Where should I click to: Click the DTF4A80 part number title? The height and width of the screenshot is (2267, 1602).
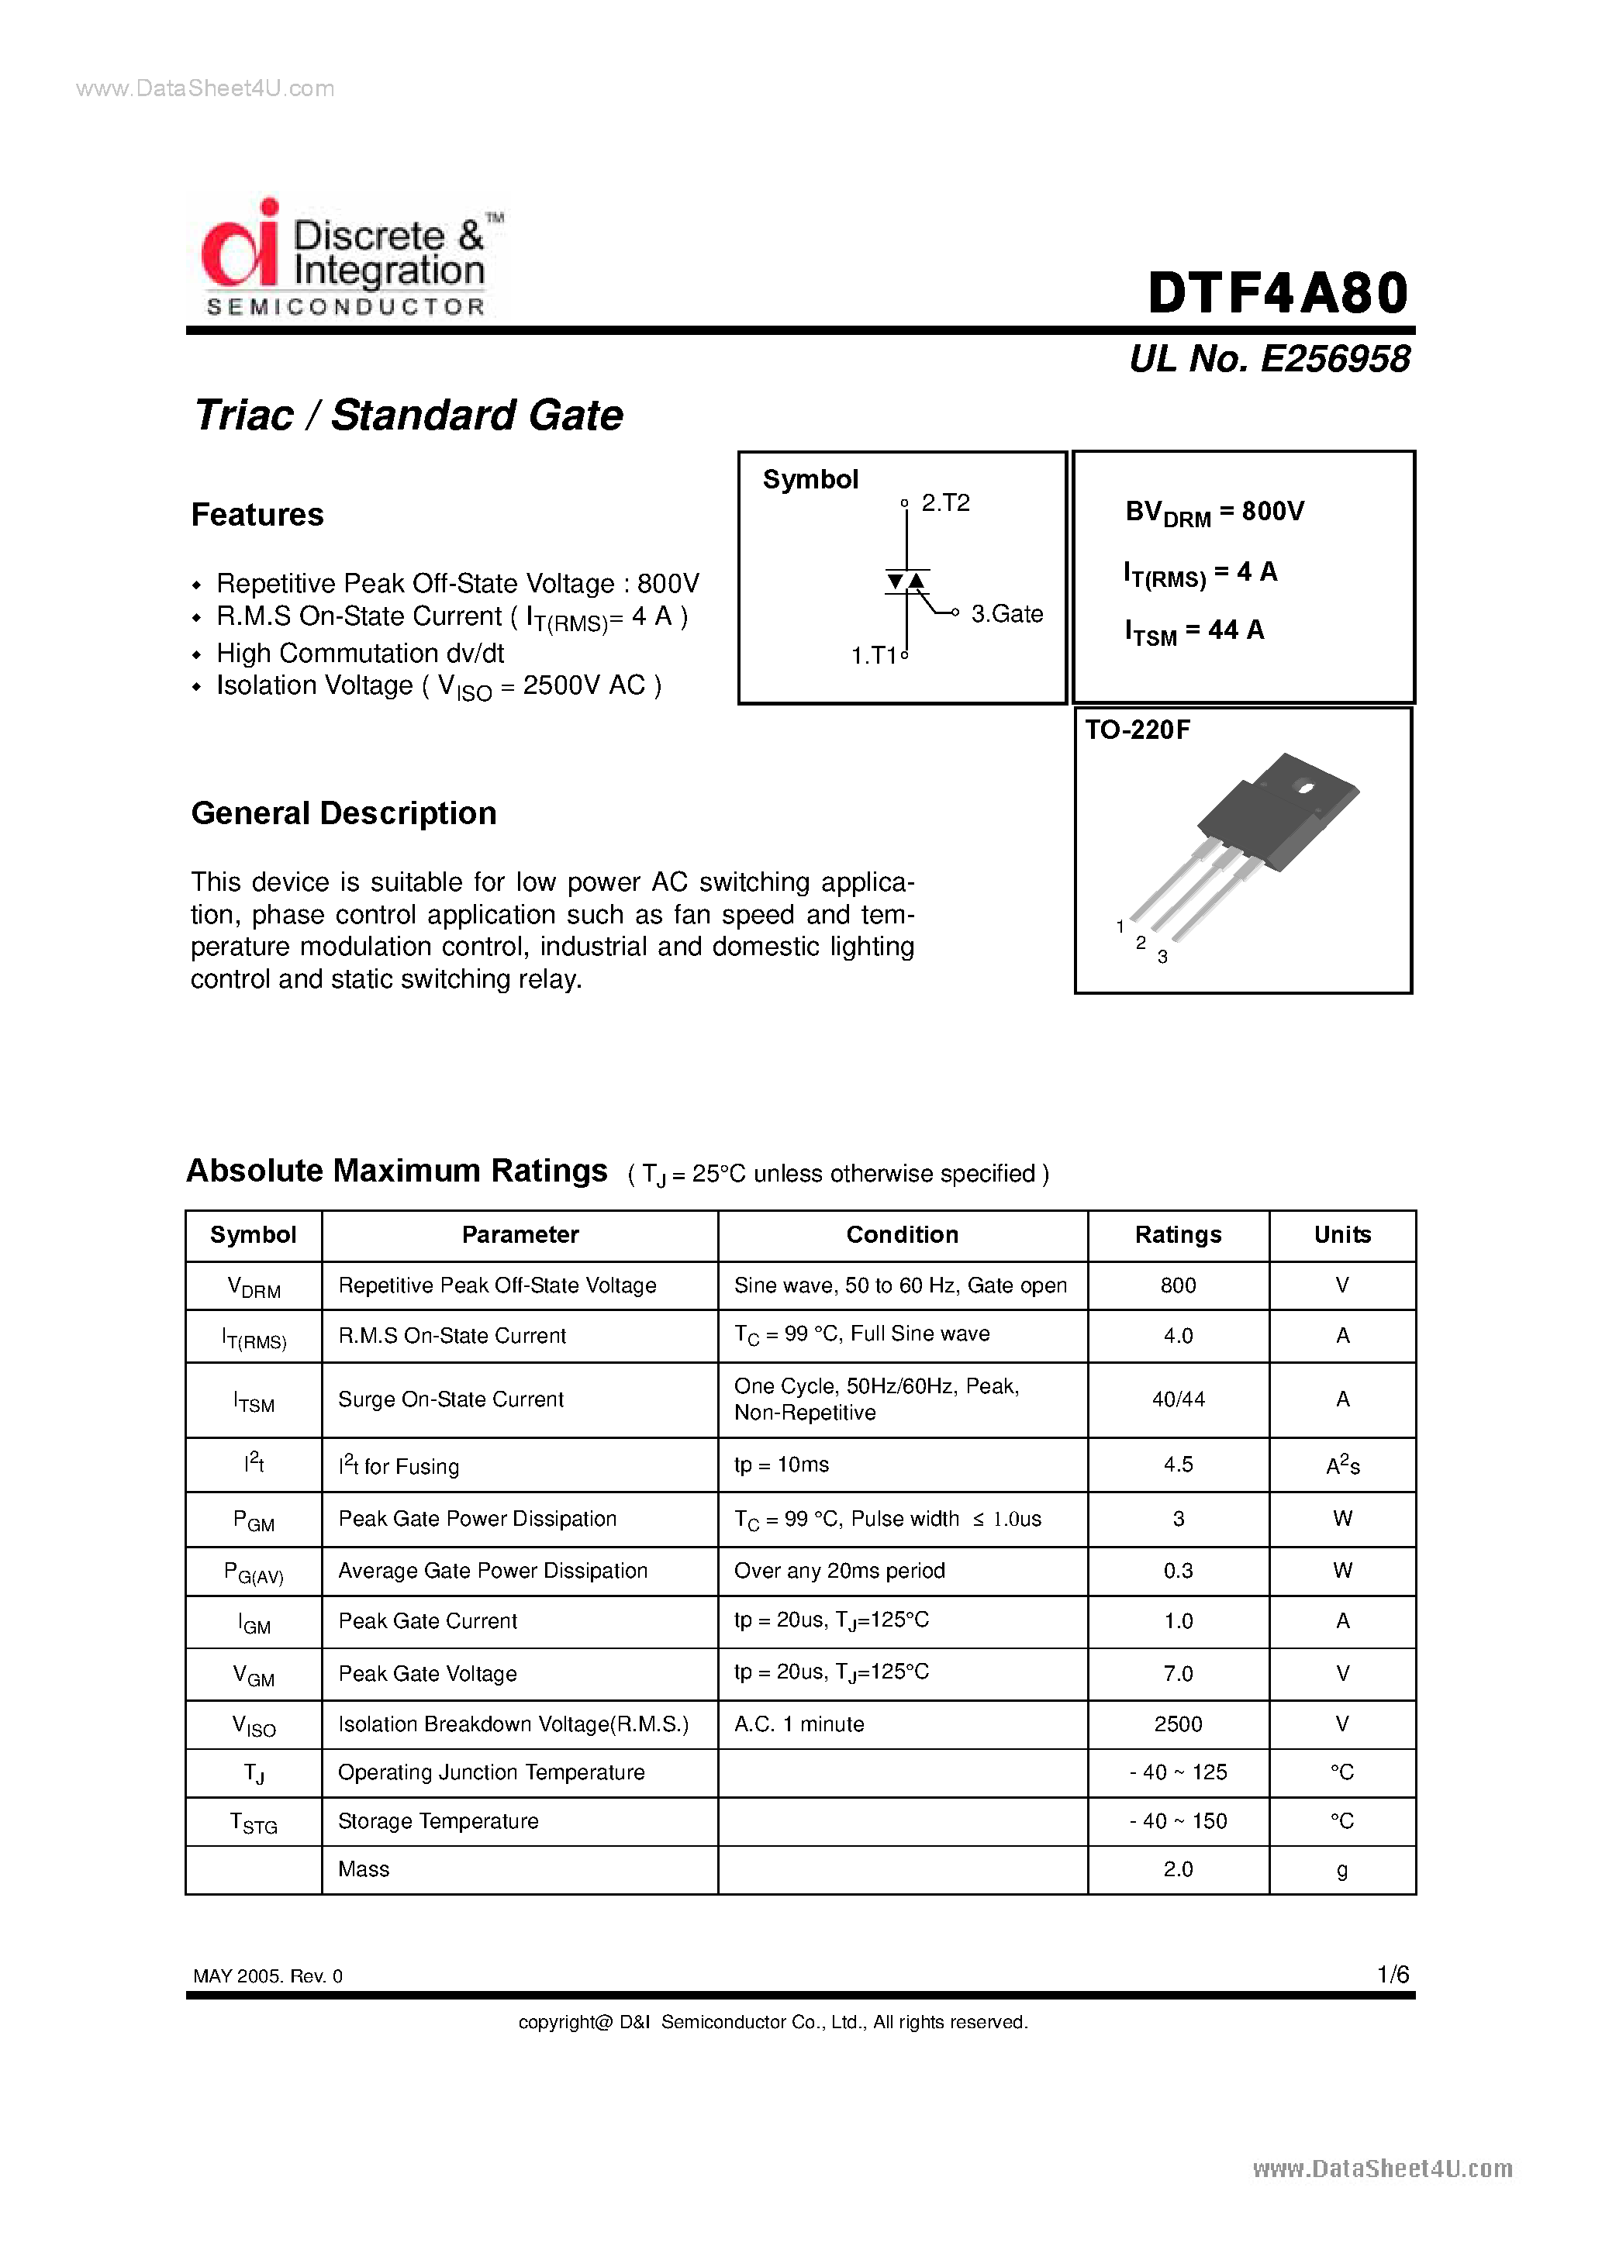point(1277,295)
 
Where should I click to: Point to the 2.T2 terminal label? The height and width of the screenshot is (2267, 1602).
point(944,503)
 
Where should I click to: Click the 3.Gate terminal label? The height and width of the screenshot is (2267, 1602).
point(1006,614)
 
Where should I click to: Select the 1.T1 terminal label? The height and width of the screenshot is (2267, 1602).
point(873,656)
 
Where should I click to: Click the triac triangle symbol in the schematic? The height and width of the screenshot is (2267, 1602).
point(906,581)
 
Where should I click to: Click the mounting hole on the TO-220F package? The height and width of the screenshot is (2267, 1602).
point(1305,787)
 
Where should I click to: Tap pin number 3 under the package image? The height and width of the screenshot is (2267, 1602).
point(1162,957)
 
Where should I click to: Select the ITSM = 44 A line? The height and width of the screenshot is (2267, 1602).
point(1193,631)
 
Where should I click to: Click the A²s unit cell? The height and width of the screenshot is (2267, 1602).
point(1341,1466)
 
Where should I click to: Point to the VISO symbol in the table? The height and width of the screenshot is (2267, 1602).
point(254,1725)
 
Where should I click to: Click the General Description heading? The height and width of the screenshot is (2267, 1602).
point(344,813)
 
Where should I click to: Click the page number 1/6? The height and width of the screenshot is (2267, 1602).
point(1393,1974)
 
